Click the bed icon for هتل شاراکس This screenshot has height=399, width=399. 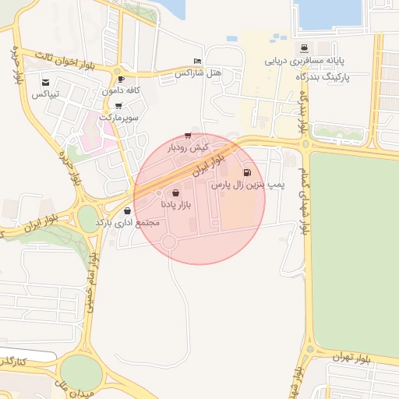coord(197,62)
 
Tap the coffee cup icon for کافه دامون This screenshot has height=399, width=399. coord(121,79)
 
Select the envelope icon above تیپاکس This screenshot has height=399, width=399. coord(46,83)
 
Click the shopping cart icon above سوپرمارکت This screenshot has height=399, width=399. coord(118,106)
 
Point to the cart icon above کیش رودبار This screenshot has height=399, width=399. coord(188,136)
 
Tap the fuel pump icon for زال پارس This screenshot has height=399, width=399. coord(248,174)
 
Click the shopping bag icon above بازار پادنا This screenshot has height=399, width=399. coord(175,192)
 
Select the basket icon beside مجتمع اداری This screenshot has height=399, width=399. coord(127,210)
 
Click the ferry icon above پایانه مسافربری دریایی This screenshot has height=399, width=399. coord(314,48)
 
